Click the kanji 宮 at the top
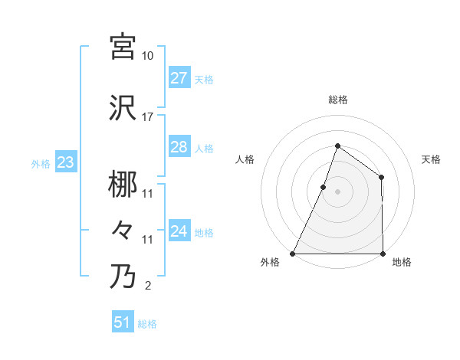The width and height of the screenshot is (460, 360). pos(123,47)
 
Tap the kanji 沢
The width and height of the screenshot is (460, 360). pos(123,108)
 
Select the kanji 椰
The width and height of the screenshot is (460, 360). pos(123,185)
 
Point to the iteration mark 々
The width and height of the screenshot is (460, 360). pos(123,231)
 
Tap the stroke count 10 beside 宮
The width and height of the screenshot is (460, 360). pos(147,56)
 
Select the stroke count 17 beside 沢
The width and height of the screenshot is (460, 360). pos(147,117)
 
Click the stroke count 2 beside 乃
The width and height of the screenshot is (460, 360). pos(147,286)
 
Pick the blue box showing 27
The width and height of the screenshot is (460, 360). pos(179,78)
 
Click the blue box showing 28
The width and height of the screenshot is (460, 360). pos(179,147)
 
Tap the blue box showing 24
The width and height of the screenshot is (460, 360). pos(179,231)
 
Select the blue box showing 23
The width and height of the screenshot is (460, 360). pos(65,162)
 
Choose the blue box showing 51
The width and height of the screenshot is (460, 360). pos(123,323)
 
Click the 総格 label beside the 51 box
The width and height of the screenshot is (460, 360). pos(147,324)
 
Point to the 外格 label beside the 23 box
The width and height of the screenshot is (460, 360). pos(41,163)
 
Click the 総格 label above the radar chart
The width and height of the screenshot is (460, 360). pos(337,100)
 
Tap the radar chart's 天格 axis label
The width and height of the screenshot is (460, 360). pos(431,159)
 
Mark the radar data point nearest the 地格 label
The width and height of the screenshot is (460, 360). pos(382,253)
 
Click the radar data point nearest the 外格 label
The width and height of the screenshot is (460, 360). pos(293,253)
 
